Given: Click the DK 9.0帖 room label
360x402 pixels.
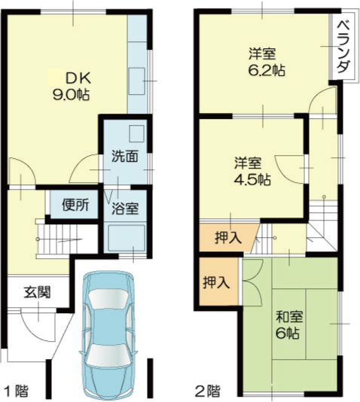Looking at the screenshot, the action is pos(71,87).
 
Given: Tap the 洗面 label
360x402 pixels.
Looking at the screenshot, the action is pos(125,156).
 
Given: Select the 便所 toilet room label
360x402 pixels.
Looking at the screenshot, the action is pos(75,205).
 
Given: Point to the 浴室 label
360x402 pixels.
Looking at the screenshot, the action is pos(125,209).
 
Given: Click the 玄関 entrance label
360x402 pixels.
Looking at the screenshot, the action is pos(38,292).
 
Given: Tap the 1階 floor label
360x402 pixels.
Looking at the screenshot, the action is pos(17,391).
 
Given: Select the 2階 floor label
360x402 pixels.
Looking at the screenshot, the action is pos(208,391).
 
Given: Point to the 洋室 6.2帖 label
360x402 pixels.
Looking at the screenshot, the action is pos(267,62).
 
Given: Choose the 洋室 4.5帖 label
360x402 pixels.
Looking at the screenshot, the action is pos(252,171).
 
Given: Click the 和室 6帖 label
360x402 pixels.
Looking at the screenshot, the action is pos(288,324).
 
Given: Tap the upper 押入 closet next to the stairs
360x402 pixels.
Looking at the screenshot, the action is pos(228,237).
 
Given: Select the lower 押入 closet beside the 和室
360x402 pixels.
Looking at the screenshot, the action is pos(216,282).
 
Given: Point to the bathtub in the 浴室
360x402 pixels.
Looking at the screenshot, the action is pos(126,238).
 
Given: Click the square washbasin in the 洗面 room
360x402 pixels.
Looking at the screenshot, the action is pos(136,133).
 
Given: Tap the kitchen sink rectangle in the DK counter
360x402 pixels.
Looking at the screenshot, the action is pos(136,81).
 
